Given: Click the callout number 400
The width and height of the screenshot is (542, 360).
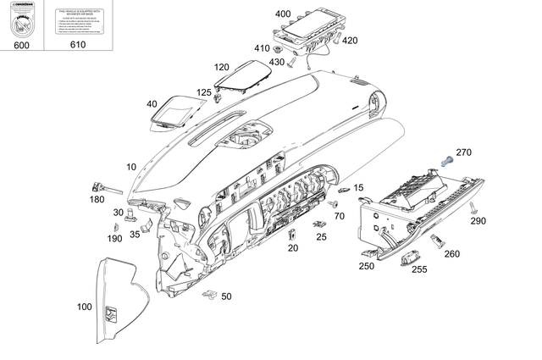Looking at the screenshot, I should point(283,14).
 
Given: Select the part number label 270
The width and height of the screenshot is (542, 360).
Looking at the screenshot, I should point(463,152).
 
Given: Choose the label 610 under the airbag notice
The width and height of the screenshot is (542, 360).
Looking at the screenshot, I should point(78,44).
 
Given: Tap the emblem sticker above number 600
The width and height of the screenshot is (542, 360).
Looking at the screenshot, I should point(22,20).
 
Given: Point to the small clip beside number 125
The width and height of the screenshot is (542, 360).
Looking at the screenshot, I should point(219,97).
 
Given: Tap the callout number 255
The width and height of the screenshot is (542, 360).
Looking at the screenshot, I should point(419,269).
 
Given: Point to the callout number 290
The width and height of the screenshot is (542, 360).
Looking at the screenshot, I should point(478,221).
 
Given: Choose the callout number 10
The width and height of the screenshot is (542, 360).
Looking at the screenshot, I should point(131,167).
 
